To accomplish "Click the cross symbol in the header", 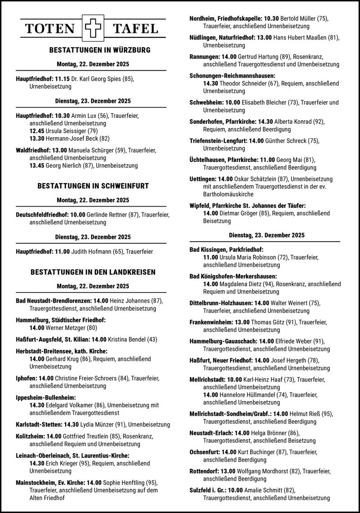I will (92, 28).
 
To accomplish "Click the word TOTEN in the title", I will (49, 29).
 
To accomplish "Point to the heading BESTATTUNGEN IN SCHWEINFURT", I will (93, 185).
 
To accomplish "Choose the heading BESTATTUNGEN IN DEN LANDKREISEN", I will (93, 272).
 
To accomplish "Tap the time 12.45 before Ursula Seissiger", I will (37, 130).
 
